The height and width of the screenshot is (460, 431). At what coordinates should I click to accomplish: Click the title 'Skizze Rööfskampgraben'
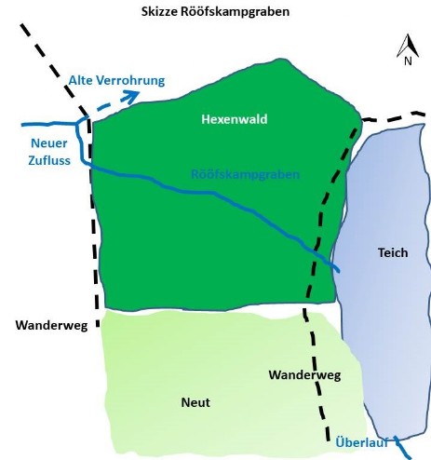[215, 12]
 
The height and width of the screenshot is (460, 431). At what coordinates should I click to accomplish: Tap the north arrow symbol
[408, 46]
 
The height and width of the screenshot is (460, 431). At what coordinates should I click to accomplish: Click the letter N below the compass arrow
[408, 61]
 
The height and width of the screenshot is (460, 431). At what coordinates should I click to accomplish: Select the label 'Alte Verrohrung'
[116, 80]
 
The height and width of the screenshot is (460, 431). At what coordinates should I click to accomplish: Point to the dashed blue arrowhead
[132, 96]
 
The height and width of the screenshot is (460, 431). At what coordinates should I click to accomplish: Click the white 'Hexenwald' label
[235, 119]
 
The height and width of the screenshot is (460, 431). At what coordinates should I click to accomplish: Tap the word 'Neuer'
[49, 143]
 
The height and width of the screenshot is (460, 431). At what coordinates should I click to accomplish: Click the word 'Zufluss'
[49, 160]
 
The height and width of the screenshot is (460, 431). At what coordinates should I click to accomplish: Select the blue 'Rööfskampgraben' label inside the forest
[245, 174]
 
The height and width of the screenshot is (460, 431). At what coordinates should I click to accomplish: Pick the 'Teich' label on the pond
[393, 252]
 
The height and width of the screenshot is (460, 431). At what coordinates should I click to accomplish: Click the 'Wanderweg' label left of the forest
[51, 325]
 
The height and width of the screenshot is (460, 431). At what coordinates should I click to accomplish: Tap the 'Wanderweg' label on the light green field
[304, 375]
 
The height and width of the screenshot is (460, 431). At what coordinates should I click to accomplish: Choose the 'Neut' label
[195, 402]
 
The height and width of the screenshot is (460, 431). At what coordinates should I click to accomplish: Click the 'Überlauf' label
[362, 442]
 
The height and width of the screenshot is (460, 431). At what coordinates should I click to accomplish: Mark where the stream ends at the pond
[339, 271]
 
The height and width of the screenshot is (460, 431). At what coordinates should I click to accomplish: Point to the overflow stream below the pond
[402, 447]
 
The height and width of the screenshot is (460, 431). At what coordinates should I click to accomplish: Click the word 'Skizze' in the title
[159, 12]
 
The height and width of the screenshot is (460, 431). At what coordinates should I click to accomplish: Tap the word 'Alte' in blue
[80, 80]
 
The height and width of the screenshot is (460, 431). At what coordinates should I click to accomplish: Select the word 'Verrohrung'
[130, 81]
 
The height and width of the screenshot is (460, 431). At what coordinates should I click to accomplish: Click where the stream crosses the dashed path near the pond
[316, 252]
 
